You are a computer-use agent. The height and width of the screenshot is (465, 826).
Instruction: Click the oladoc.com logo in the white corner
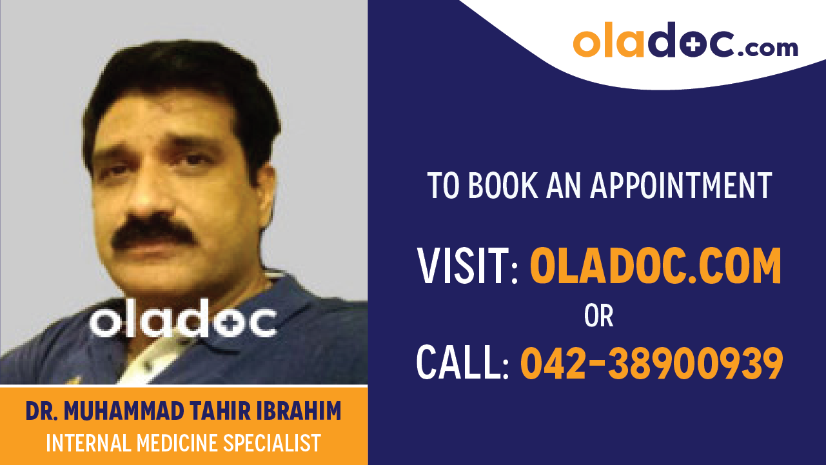(685, 41)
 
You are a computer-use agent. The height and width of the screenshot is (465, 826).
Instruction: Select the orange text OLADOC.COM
(655, 266)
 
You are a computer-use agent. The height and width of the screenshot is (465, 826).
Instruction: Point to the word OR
(598, 316)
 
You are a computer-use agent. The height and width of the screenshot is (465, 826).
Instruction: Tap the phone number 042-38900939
(651, 362)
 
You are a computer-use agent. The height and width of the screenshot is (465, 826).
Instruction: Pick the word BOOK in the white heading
(498, 186)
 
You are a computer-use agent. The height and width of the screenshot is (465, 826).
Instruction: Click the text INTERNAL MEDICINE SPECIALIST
(183, 443)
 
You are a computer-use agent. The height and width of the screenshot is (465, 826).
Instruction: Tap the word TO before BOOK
(444, 186)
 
